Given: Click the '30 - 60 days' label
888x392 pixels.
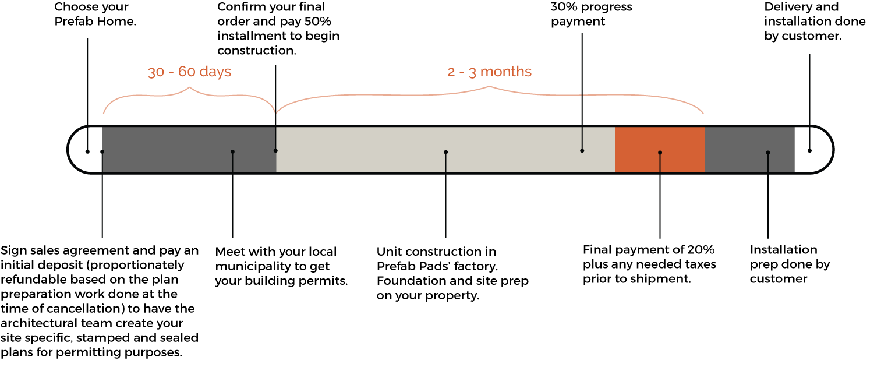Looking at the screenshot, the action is pos(189,72).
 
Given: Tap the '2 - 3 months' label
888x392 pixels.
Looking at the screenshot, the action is pos(489,72).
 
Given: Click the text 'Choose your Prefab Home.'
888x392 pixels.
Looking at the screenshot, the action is pos(91,14).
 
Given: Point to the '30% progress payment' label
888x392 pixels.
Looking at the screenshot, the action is pos(591,14).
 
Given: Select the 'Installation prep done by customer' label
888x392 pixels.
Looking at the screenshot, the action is pos(783,264).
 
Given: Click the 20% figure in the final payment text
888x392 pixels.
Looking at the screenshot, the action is pos(701,250).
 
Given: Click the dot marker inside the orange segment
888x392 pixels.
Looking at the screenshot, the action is pos(660,153).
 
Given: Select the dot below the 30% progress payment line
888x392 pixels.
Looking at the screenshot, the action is pos(582,151).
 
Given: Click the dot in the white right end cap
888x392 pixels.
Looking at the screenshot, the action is pos(809,151).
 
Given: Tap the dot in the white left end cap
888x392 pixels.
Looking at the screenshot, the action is pos(87,151).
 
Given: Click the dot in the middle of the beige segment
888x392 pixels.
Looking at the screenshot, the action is pos(445,152).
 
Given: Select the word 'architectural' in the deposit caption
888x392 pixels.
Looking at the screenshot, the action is pos(36,323).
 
